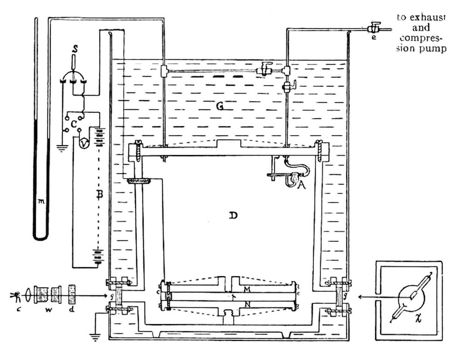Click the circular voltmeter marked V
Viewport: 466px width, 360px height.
point(83,144)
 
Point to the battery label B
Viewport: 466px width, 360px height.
point(98,196)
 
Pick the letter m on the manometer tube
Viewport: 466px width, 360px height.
point(41,201)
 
